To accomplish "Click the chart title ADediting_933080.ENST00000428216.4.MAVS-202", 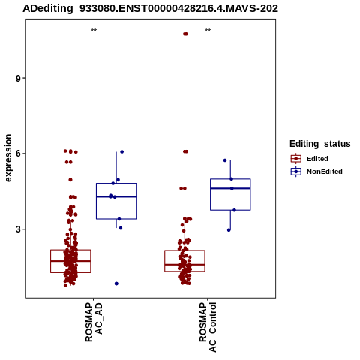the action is tap(150, 8).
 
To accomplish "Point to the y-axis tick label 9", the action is tap(18, 79).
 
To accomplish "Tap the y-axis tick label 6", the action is tap(18, 154).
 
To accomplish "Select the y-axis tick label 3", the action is tap(18, 229).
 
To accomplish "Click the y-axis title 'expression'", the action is tap(8, 158).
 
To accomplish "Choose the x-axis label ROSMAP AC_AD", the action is tap(94, 322).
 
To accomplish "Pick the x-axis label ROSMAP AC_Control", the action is tap(208, 327).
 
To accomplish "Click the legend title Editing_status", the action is tap(320, 144).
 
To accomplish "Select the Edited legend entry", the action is tap(310, 159).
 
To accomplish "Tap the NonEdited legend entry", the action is tap(316, 172).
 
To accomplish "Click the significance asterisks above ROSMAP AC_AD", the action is tap(94, 31).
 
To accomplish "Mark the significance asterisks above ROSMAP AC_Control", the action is tap(208, 31).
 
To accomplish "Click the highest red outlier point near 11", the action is tap(185, 34).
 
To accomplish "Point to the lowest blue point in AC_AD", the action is tap(116, 283).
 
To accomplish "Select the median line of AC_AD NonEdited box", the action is tap(116, 196).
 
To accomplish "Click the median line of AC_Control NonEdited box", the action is tap(230, 188).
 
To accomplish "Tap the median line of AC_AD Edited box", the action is tap(70, 261).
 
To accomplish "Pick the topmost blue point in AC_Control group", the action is tap(225, 160).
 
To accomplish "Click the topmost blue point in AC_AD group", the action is tap(122, 152).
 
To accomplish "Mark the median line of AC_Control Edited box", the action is tap(184, 264).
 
